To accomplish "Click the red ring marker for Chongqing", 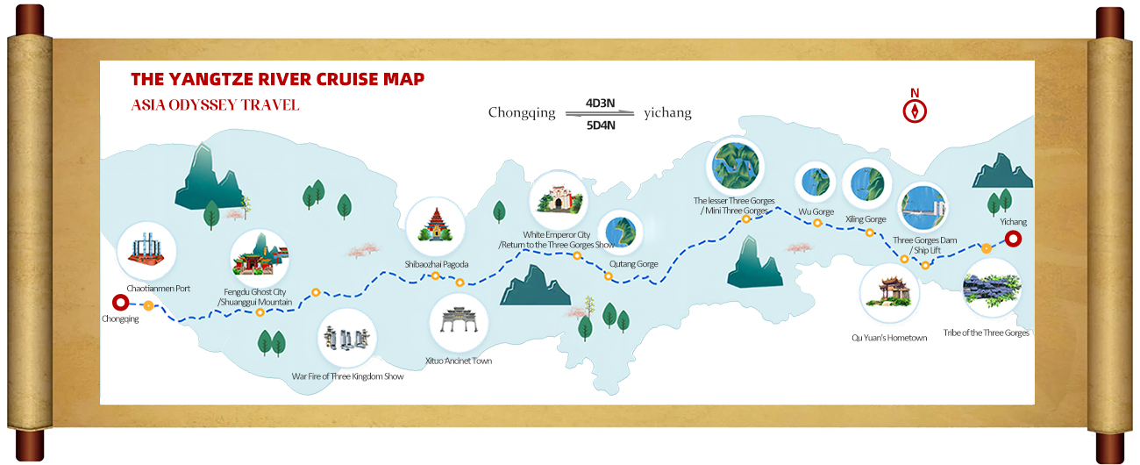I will click(121, 303).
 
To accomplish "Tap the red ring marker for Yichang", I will click(1013, 239).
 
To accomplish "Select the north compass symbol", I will click(915, 111).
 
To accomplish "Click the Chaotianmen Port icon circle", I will click(146, 249).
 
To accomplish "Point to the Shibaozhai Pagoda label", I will click(436, 264).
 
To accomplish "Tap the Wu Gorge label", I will click(816, 212).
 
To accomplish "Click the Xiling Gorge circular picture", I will click(866, 183).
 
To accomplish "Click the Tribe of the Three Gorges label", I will click(986, 333).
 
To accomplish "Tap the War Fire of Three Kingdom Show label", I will click(347, 376).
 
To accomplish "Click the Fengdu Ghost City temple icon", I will click(260, 259).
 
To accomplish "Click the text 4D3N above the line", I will click(600, 103).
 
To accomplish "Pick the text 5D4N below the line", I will click(600, 125).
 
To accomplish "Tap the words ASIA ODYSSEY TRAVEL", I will click(215, 105).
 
